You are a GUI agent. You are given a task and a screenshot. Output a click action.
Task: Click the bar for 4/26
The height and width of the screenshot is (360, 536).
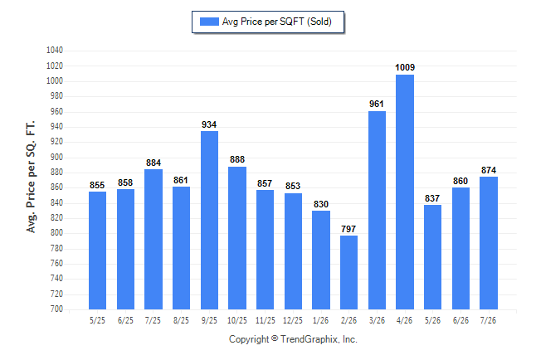[x=405, y=192]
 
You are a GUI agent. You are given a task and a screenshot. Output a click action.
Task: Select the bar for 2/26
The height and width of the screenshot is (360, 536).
[x=348, y=272]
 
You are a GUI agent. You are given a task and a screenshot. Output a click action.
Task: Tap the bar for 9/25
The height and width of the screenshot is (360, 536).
[x=209, y=220]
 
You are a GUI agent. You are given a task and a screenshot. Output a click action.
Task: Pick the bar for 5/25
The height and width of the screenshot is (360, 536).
[x=97, y=251]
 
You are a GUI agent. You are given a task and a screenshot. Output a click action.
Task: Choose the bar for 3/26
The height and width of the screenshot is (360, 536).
[x=377, y=210]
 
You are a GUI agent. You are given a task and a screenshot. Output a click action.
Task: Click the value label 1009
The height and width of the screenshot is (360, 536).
[x=405, y=67]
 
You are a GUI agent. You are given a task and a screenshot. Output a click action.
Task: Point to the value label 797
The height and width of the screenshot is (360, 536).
[x=348, y=229]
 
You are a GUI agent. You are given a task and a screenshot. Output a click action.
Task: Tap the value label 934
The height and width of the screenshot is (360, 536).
[x=209, y=124]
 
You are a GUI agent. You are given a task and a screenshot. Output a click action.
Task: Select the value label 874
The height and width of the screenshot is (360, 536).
[x=489, y=170]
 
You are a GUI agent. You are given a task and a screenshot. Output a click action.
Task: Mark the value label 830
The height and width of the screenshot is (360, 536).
[x=321, y=204]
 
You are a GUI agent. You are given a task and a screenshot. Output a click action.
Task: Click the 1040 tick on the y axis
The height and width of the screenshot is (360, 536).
[x=55, y=51]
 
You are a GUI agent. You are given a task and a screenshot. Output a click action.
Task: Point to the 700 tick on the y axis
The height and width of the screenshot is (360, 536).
[x=56, y=309]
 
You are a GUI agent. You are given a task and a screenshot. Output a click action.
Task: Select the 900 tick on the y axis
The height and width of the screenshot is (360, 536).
[x=56, y=157]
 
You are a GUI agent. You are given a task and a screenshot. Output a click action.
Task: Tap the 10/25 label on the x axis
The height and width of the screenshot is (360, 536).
[x=237, y=320]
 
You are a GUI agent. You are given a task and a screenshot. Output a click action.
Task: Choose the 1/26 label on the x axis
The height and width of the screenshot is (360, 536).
[x=320, y=320]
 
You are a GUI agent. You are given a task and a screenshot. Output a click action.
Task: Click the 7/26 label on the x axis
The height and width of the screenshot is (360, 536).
[x=488, y=320]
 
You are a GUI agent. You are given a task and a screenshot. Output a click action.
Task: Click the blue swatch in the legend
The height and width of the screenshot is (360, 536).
[x=209, y=22]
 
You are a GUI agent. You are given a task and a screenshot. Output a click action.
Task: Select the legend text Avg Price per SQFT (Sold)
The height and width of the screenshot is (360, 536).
[x=277, y=22]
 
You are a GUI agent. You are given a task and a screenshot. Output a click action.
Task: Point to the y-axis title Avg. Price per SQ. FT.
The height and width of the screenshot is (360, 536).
[x=31, y=177]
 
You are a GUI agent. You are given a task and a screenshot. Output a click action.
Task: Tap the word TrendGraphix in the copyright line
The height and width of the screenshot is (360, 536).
[x=309, y=339]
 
